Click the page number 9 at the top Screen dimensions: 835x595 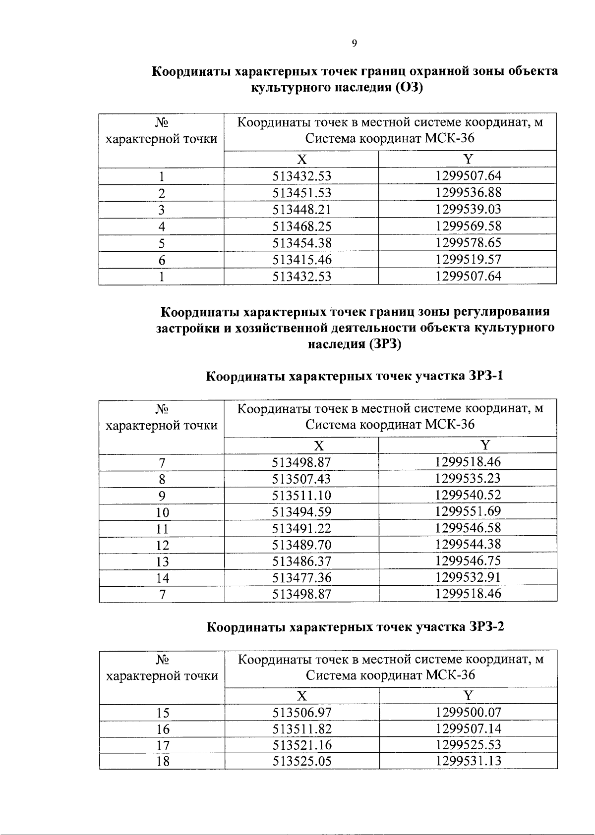(x=354, y=44)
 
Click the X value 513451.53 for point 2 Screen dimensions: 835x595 (x=301, y=193)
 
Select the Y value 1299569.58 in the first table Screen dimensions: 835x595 (x=468, y=226)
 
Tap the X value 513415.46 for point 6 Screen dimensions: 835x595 (x=301, y=260)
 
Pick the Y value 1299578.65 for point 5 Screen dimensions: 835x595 (x=468, y=243)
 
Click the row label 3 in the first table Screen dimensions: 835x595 (x=161, y=210)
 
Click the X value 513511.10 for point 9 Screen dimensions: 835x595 (x=301, y=496)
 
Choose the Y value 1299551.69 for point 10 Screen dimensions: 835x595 (x=468, y=511)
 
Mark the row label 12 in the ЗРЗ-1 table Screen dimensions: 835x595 (x=162, y=546)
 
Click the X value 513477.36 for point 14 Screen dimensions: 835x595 (x=301, y=578)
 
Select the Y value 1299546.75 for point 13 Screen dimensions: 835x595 (x=468, y=561)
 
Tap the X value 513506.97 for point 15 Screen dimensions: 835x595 (x=302, y=713)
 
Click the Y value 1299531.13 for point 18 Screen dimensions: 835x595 (x=469, y=761)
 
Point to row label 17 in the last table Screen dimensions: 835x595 (x=163, y=745)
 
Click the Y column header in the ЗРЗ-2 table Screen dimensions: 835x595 (x=469, y=695)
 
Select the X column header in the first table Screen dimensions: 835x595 (x=301, y=159)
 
